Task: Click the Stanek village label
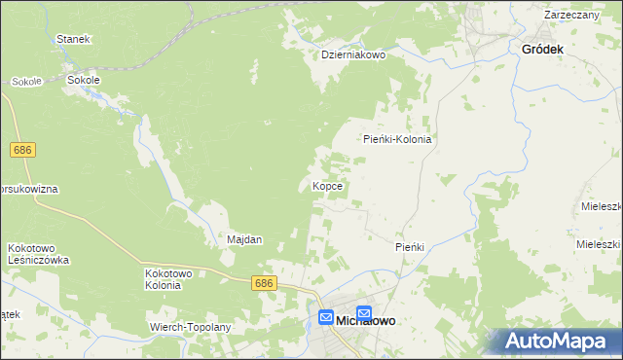click(73, 39)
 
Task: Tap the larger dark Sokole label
click(83, 82)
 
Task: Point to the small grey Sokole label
click(26, 82)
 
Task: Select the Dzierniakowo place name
click(354, 55)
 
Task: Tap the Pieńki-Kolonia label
click(397, 139)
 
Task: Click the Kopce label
click(325, 185)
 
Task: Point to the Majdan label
click(244, 239)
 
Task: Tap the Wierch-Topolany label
click(190, 327)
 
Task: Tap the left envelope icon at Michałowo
click(326, 317)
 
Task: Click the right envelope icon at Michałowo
click(364, 313)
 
